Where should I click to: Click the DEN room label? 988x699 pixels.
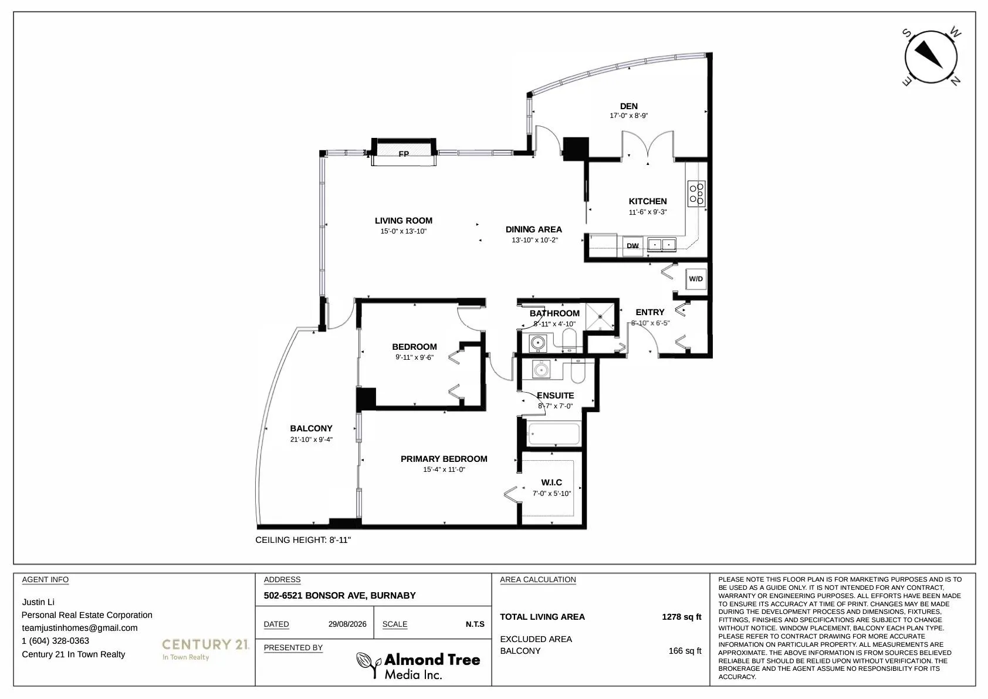(x=628, y=106)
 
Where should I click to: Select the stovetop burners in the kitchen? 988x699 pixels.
(x=696, y=194)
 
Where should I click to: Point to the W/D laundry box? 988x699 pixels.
(x=696, y=279)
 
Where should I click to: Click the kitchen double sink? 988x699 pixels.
(x=662, y=245)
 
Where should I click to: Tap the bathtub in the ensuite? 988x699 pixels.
(x=553, y=434)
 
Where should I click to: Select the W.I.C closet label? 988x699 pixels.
(x=551, y=482)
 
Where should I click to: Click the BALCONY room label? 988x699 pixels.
(x=311, y=428)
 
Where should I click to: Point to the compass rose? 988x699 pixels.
(x=931, y=57)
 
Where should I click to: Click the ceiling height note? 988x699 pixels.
(x=303, y=540)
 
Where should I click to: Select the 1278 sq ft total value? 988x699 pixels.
(x=682, y=617)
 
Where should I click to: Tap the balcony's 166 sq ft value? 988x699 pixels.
(x=685, y=651)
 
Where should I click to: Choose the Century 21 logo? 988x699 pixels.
(x=205, y=649)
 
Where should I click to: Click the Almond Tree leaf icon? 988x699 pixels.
(x=368, y=664)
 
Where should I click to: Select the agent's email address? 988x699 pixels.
(x=80, y=628)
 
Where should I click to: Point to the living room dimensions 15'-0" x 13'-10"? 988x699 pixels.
(x=403, y=231)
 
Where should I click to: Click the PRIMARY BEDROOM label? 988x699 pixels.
(x=444, y=459)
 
